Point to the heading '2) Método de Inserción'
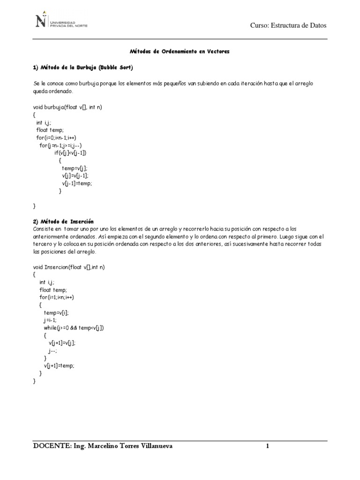click(63, 221)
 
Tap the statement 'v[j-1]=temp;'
click(77, 183)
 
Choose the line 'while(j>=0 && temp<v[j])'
click(74, 328)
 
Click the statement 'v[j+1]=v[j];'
click(62, 343)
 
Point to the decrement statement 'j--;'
click(52, 351)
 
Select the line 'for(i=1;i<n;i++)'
click(57, 297)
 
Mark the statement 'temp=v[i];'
click(56, 312)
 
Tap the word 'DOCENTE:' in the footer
click(51, 446)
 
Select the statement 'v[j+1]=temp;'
click(59, 366)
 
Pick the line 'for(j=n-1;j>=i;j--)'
click(61, 145)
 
